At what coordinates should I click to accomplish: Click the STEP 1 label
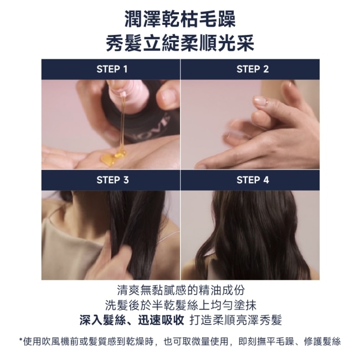[112, 69]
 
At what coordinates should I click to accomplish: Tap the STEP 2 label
[253, 69]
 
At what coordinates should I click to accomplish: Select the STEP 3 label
[112, 180]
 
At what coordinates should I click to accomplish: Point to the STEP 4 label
[253, 180]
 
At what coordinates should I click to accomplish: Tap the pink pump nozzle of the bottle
[124, 94]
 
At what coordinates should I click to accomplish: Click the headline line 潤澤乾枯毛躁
[180, 19]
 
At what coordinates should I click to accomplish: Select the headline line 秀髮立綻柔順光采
[180, 43]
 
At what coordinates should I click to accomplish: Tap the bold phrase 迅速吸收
[161, 320]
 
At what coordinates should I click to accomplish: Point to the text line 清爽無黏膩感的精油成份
[181, 290]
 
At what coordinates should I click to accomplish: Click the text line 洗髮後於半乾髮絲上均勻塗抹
[181, 305]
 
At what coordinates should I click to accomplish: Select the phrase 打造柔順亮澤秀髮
[236, 320]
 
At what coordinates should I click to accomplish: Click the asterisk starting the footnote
[20, 340]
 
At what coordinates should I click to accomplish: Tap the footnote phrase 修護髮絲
[322, 342]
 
